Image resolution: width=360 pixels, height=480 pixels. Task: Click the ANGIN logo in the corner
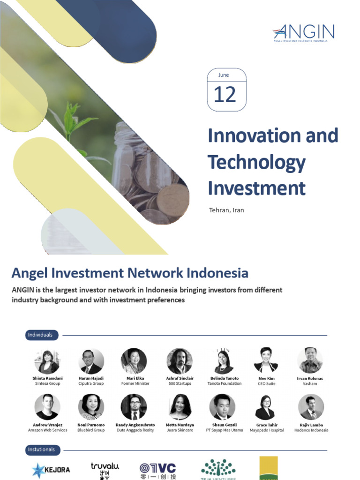coord(304,33)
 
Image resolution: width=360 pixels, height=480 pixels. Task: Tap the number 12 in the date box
coord(225,95)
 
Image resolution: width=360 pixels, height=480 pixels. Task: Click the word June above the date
coord(224,75)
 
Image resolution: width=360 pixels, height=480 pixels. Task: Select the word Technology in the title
coord(256,162)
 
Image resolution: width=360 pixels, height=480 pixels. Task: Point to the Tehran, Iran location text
coord(226,210)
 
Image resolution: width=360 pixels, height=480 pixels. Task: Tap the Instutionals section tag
coord(41,450)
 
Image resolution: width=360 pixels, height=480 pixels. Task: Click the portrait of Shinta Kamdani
coord(47,361)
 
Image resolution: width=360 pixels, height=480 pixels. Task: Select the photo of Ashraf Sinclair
coord(179,361)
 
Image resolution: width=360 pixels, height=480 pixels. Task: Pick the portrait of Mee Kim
coord(265,360)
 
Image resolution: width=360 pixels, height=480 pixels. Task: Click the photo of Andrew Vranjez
coord(47,407)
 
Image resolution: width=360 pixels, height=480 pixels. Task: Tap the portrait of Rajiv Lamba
coord(311,407)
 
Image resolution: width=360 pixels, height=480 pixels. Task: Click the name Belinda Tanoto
coord(225,378)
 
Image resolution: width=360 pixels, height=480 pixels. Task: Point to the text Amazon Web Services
coord(47,430)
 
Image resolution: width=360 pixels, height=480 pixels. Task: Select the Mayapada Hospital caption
coord(267,430)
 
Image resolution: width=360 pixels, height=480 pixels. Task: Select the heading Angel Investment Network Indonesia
coord(130,273)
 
